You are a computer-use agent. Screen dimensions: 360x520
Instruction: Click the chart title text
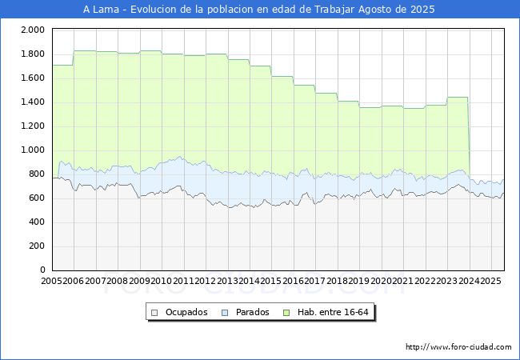tap(259, 10)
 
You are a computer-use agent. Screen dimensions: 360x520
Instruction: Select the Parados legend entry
tap(253, 312)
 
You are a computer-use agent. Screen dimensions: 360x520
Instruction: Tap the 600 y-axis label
tap(35, 198)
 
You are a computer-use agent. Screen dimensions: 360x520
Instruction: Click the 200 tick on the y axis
tap(35, 246)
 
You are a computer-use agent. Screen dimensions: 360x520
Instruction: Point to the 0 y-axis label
tap(42, 270)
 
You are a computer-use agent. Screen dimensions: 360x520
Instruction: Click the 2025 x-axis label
tap(490, 281)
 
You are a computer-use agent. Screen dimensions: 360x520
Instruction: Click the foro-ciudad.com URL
tap(458, 347)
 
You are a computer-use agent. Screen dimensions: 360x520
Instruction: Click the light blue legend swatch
tap(226, 312)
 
